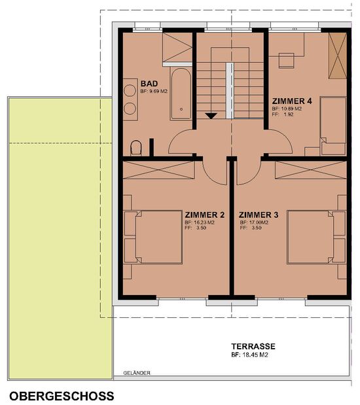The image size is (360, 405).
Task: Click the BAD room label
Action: point(149,84)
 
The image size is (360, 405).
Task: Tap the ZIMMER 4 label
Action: point(292,101)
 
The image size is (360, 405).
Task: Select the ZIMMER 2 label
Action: point(205,215)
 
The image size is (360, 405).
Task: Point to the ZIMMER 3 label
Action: point(259,215)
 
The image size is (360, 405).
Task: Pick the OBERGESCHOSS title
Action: point(62,396)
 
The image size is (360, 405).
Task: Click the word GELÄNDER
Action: point(137,373)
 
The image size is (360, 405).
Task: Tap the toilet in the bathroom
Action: point(136,148)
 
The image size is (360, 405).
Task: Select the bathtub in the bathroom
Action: point(181,94)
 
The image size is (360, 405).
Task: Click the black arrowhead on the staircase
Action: point(211,116)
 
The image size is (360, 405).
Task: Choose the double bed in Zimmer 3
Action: point(317,237)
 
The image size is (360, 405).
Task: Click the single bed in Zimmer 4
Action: point(333,126)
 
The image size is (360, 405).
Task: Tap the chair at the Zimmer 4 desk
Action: point(286,61)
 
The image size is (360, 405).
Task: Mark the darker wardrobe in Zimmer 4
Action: point(338,56)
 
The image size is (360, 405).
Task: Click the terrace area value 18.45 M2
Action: point(255,355)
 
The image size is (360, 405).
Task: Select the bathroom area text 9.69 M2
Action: point(158,92)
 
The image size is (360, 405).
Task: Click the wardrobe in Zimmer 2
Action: point(158,170)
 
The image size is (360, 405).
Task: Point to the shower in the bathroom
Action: point(177,49)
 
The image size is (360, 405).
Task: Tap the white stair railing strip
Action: point(230,91)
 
